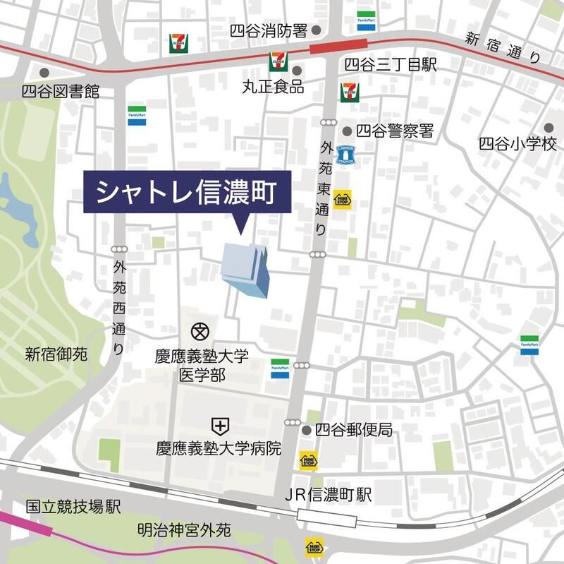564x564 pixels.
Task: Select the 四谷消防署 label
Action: [269, 30]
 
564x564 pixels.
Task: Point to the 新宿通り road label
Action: [503, 48]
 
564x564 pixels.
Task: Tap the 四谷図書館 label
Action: [60, 92]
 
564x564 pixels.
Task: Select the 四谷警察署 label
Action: [395, 131]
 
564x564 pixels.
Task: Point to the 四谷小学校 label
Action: [517, 143]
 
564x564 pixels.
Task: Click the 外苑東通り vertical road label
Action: [324, 188]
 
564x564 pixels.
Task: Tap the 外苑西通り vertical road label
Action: [118, 308]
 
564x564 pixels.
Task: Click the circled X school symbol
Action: [201, 330]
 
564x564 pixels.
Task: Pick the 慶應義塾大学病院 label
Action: [219, 448]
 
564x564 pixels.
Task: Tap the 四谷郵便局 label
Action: [353, 430]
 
